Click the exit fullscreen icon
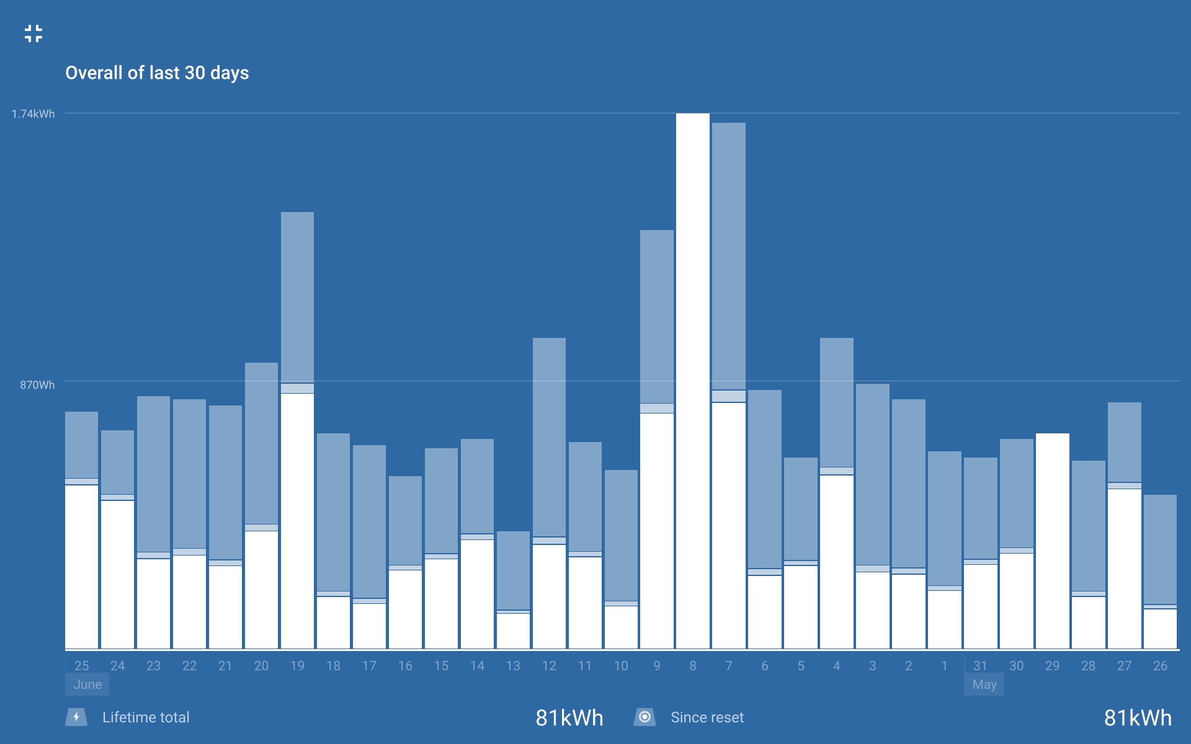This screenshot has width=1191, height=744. click(x=33, y=33)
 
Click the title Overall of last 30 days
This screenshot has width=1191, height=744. click(x=157, y=73)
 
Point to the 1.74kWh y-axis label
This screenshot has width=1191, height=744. click(x=33, y=114)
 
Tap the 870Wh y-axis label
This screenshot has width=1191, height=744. click(x=37, y=385)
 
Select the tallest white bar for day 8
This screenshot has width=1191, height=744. click(x=693, y=381)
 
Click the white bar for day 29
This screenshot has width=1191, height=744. click(x=1052, y=541)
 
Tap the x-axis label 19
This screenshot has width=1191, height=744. click(x=297, y=666)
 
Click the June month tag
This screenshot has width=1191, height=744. click(x=87, y=684)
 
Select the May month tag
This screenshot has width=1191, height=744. click(x=984, y=684)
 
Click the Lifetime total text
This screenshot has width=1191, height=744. click(x=146, y=717)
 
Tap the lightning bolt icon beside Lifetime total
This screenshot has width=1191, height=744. click(x=76, y=717)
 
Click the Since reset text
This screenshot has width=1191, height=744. click(x=707, y=717)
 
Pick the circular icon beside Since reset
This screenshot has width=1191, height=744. click(x=645, y=717)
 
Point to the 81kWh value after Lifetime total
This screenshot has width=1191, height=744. click(x=569, y=718)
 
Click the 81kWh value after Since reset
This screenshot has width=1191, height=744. click(x=1138, y=718)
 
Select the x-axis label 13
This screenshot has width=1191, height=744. click(x=513, y=666)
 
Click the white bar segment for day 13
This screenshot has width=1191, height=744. click(x=513, y=631)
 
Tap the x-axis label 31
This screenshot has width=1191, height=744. click(x=980, y=666)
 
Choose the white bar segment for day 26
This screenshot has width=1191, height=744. click(x=1160, y=629)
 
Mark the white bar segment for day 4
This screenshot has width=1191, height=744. click(x=836, y=562)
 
